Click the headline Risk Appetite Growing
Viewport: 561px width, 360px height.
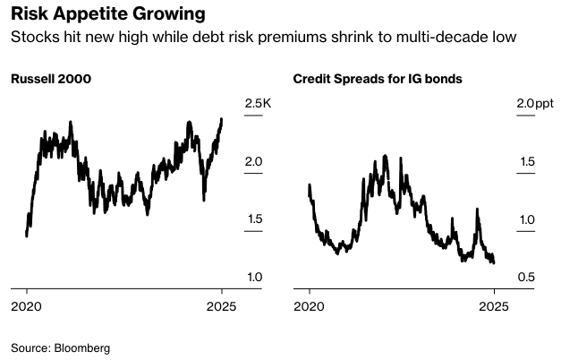coord(106,15)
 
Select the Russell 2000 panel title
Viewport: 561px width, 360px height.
coord(50,79)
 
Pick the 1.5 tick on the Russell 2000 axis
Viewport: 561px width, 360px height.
coord(253,219)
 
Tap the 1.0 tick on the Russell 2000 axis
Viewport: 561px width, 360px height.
coord(253,277)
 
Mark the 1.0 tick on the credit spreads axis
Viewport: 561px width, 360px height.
coord(525,219)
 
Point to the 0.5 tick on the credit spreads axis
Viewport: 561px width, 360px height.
coord(525,277)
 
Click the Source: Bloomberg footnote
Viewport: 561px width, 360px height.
coord(60,347)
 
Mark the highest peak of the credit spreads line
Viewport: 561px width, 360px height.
coord(385,156)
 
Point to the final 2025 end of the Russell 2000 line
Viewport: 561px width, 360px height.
coord(222,118)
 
